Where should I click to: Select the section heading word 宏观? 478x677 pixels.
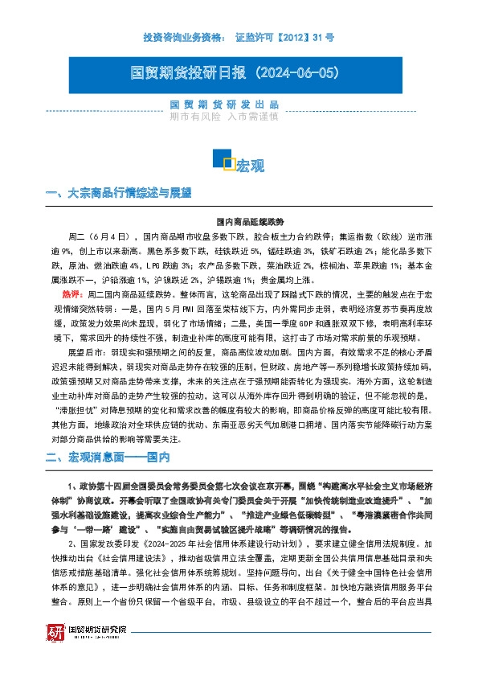tap(250, 166)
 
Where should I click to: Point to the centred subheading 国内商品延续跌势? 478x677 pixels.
tap(239, 221)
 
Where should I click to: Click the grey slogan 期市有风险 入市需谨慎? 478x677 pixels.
tap(224, 117)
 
